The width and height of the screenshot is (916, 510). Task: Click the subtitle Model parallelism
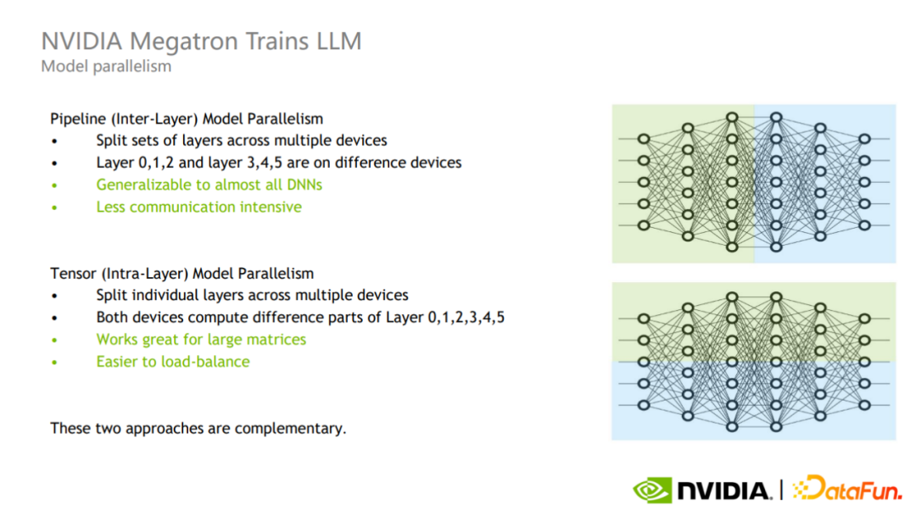[106, 66]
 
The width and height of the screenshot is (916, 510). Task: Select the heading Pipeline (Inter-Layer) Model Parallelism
[187, 119]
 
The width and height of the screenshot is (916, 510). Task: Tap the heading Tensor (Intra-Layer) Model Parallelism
[182, 274]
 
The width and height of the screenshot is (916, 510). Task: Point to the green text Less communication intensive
[198, 207]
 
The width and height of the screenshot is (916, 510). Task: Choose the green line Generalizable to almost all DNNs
[209, 185]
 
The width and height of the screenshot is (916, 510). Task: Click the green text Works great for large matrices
[201, 340]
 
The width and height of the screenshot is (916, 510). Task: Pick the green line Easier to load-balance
[173, 362]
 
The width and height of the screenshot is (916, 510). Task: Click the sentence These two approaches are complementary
[198, 428]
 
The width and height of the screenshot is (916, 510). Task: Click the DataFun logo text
[848, 489]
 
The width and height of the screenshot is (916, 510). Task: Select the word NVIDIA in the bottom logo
[722, 490]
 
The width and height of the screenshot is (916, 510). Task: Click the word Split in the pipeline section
[111, 141]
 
